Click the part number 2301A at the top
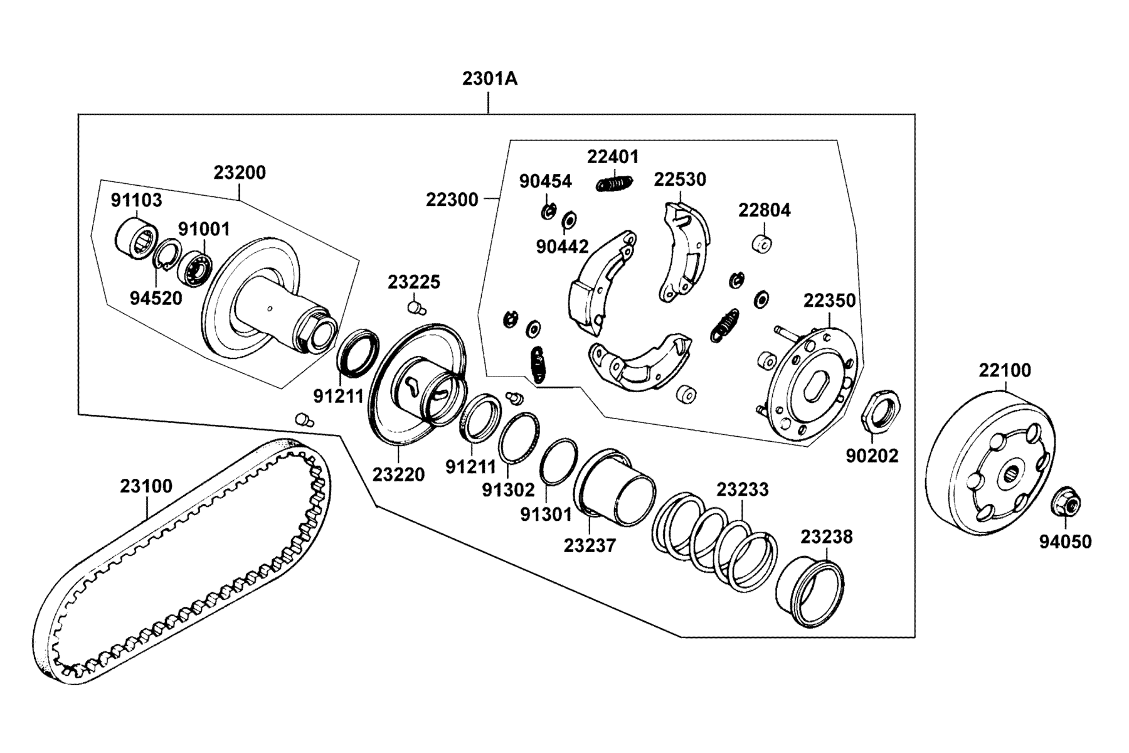click(490, 79)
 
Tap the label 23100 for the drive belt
click(146, 486)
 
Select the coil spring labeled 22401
click(614, 183)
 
